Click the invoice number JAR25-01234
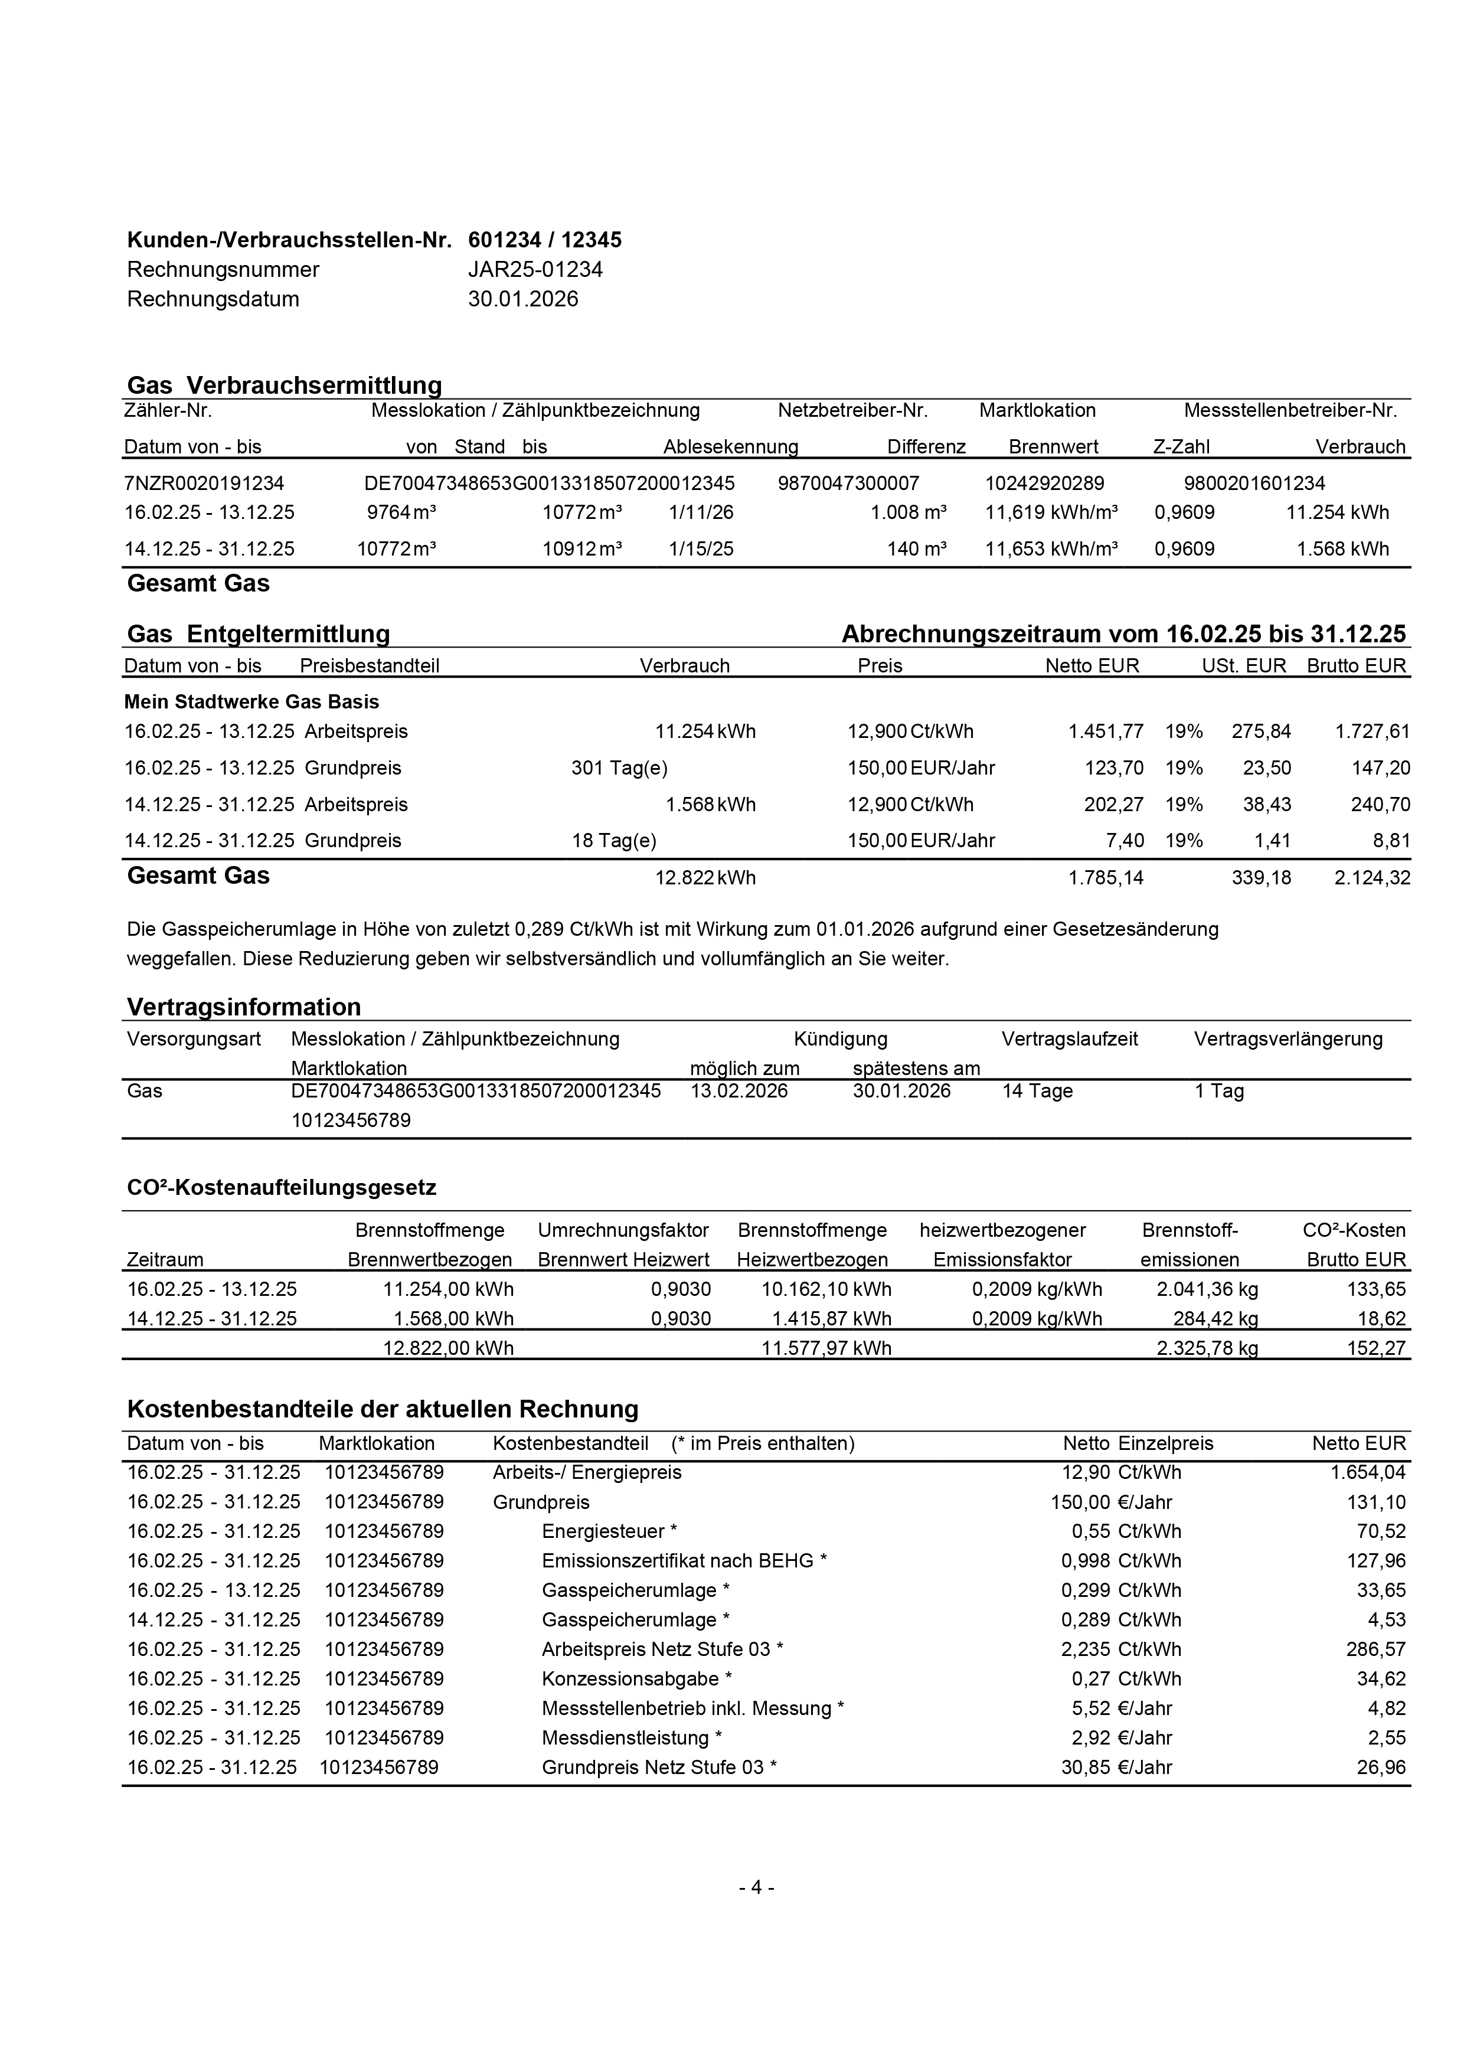coord(535,270)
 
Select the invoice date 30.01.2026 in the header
coord(522,299)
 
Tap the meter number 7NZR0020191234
coord(204,484)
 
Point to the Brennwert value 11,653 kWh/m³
coord(1051,549)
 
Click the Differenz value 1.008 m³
coord(909,512)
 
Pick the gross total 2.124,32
coord(1372,878)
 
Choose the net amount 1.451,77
coord(1106,731)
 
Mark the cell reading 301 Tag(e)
coord(620,769)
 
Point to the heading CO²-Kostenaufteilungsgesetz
coord(282,1187)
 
